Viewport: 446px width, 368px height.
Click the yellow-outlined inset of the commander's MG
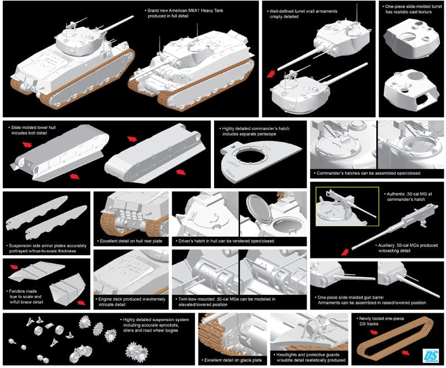[x=340, y=207]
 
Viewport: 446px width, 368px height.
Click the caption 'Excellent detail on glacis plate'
[x=234, y=360]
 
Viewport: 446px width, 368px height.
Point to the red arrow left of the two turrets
[x=271, y=73]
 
